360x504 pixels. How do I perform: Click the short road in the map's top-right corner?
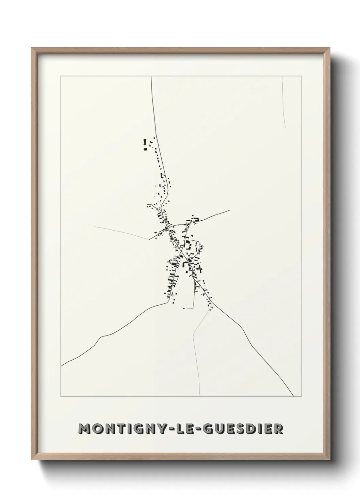tap(283, 102)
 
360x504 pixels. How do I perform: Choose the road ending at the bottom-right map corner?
tap(265, 358)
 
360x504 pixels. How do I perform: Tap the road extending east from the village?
tap(214, 216)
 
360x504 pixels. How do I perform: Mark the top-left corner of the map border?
tap(61, 76)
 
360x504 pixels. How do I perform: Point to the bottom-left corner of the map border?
tap(61, 397)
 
